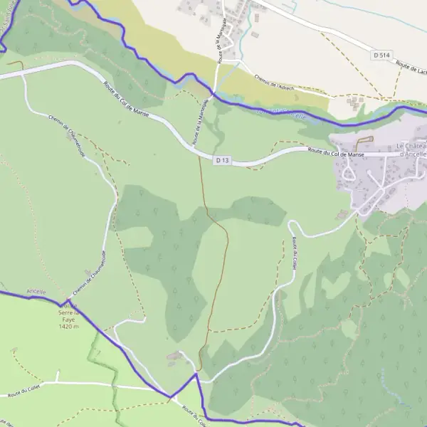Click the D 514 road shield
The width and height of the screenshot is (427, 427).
pyautogui.click(x=381, y=55)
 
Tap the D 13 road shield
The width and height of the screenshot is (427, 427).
pyautogui.click(x=223, y=161)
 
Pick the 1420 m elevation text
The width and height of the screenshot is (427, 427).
pyautogui.click(x=68, y=326)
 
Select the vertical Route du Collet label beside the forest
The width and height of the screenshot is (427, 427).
pyautogui.click(x=293, y=253)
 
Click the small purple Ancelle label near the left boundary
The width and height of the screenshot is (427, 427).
pyautogui.click(x=36, y=292)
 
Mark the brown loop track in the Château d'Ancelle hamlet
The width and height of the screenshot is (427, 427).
pyautogui.click(x=364, y=141)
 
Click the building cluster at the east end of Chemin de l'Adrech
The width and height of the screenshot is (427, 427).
pyautogui.click(x=354, y=103)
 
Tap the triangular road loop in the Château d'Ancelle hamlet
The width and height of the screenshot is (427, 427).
pyautogui.click(x=348, y=172)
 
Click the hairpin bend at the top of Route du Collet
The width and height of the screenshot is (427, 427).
pyautogui.click(x=291, y=226)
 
